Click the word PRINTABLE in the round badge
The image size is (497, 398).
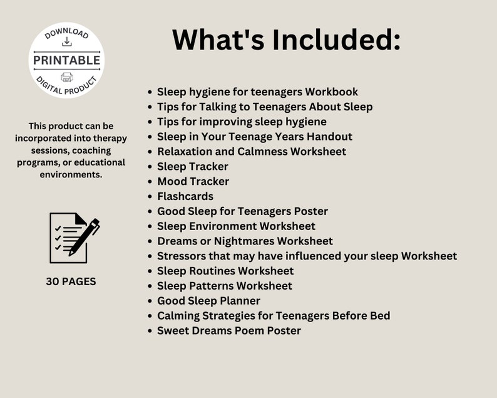tap(66, 60)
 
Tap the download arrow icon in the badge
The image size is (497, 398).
tap(67, 42)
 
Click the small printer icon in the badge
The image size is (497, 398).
tap(67, 77)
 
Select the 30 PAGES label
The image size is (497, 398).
tap(71, 281)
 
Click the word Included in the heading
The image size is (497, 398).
tap(336, 40)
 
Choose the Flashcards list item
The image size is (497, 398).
tap(185, 196)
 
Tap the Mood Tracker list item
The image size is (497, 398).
tap(193, 181)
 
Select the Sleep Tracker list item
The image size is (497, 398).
tap(192, 166)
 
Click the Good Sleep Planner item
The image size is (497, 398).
tap(208, 301)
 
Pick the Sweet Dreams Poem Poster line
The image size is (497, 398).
tap(228, 330)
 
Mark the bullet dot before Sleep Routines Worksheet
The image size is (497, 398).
tap(150, 271)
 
